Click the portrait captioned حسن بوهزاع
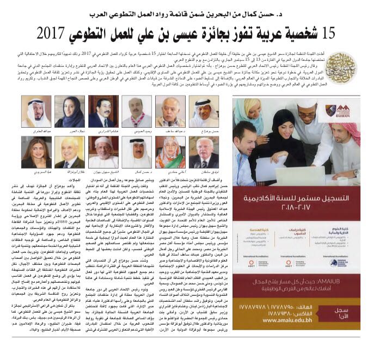click(204, 111)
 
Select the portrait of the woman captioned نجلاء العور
click(70, 111)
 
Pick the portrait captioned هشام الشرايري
click(103, 111)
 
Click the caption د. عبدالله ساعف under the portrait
click(170, 131)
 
